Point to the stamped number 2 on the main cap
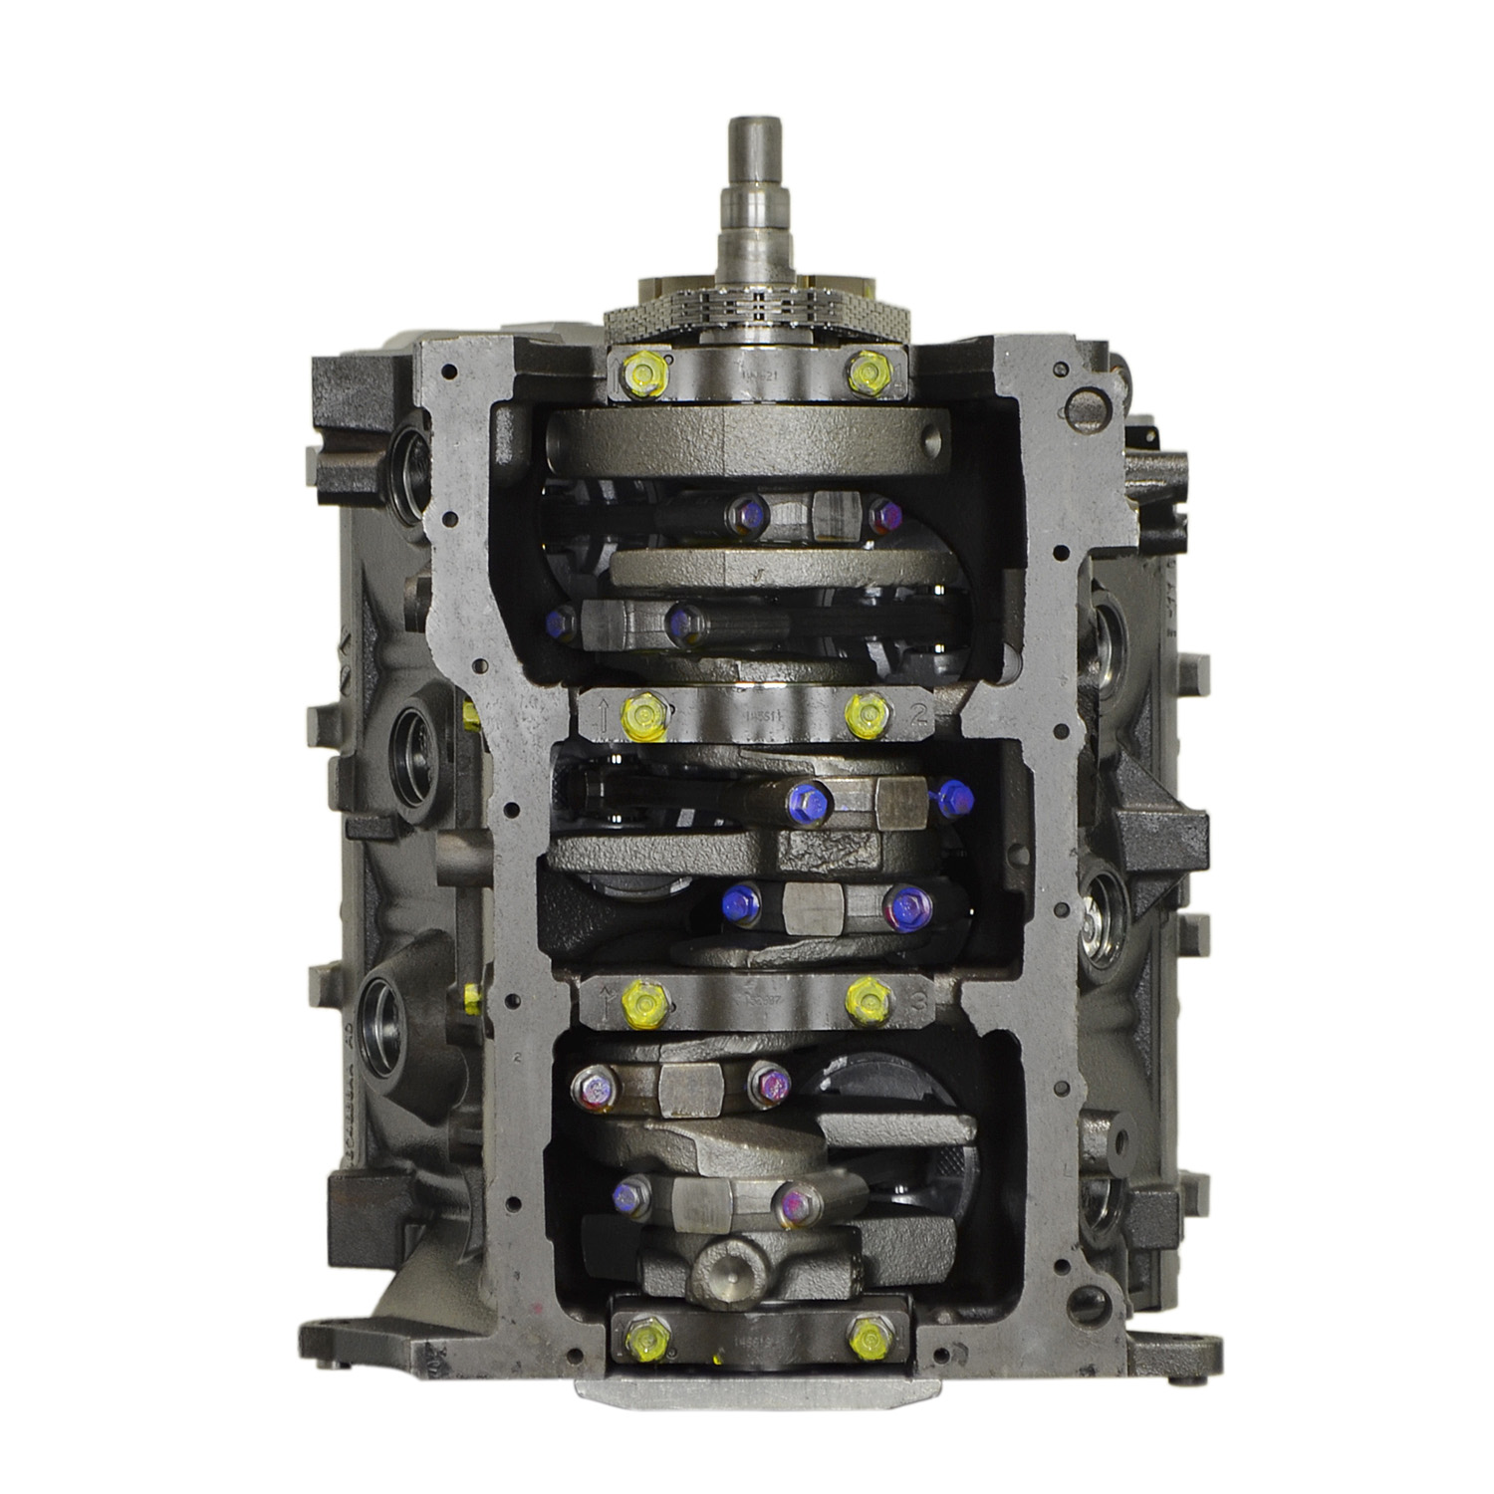917,713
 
